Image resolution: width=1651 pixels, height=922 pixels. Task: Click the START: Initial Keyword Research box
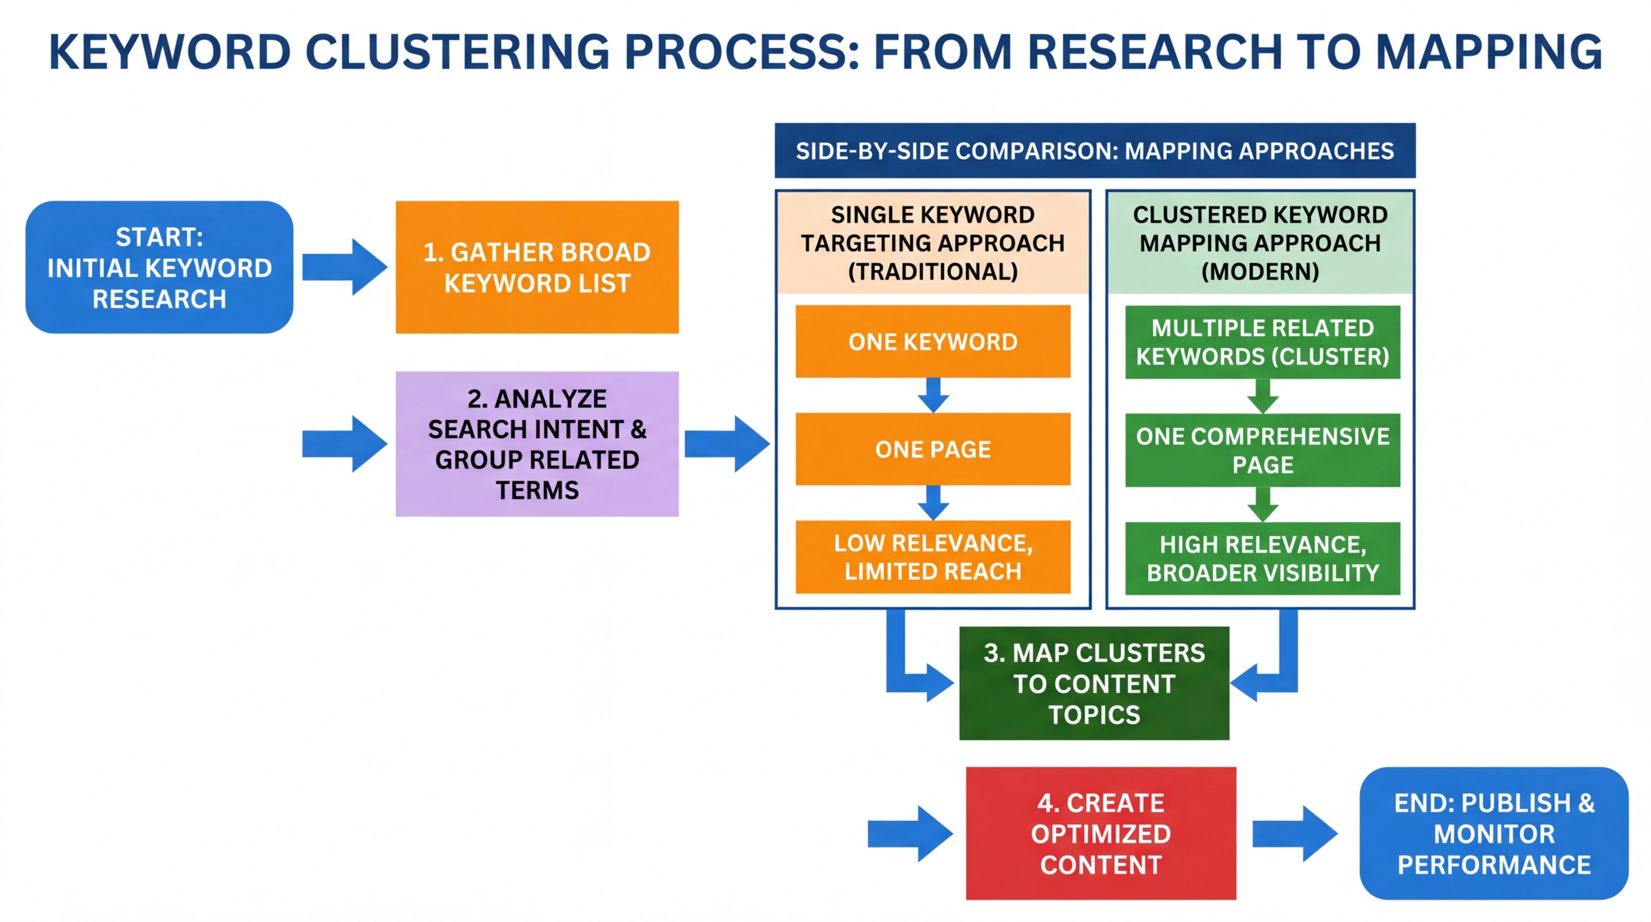click(x=159, y=267)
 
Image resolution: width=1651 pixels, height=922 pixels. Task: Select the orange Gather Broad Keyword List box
click(x=536, y=267)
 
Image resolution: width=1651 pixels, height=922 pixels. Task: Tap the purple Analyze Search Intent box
click(x=536, y=444)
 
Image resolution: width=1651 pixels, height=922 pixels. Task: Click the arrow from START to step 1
click(x=345, y=267)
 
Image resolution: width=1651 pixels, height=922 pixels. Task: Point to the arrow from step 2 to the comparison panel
click(x=727, y=444)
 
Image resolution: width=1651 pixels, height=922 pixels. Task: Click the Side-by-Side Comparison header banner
click(x=1094, y=151)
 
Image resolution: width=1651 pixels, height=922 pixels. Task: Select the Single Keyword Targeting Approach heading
click(x=932, y=243)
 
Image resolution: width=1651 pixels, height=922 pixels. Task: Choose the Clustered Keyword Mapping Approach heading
click(x=1259, y=243)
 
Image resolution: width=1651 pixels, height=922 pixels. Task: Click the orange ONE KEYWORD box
click(x=932, y=342)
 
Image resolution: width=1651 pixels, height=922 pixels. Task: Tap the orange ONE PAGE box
click(x=932, y=449)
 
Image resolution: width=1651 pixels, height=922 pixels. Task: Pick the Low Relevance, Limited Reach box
click(x=932, y=556)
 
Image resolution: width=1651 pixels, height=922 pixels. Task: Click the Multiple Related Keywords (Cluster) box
click(x=1262, y=342)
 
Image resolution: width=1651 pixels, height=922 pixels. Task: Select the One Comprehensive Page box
click(x=1262, y=450)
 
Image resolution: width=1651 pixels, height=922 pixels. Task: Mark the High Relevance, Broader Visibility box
click(x=1262, y=558)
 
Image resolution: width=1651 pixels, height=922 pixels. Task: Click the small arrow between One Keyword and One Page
click(x=933, y=395)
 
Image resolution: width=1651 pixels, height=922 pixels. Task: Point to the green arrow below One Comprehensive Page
click(x=1263, y=505)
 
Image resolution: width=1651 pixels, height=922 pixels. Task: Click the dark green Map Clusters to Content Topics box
click(x=1094, y=683)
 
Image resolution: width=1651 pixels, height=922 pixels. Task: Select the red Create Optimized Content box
click(x=1100, y=833)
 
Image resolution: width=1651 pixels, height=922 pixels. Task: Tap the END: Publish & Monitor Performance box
click(x=1493, y=833)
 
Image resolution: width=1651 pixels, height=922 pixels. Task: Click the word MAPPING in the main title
click(x=1489, y=53)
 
